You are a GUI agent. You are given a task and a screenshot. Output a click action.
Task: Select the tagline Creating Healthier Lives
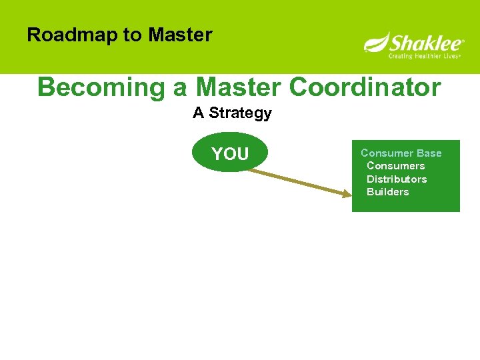(425, 56)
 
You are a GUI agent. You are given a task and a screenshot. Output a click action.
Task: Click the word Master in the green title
(241, 87)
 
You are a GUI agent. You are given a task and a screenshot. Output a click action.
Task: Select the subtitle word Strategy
(240, 113)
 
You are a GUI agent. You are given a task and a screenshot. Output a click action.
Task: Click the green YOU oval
(230, 154)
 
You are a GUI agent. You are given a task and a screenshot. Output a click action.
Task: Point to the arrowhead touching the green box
(346, 194)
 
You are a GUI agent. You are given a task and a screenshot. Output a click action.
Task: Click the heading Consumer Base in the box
(401, 153)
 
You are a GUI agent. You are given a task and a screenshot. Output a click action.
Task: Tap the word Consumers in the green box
(395, 166)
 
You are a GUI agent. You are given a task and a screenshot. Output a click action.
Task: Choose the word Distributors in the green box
(397, 179)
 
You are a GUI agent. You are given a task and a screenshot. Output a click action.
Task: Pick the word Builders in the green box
(387, 192)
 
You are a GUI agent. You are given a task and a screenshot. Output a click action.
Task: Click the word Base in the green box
(429, 153)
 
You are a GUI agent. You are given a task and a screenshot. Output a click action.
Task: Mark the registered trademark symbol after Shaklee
(463, 41)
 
